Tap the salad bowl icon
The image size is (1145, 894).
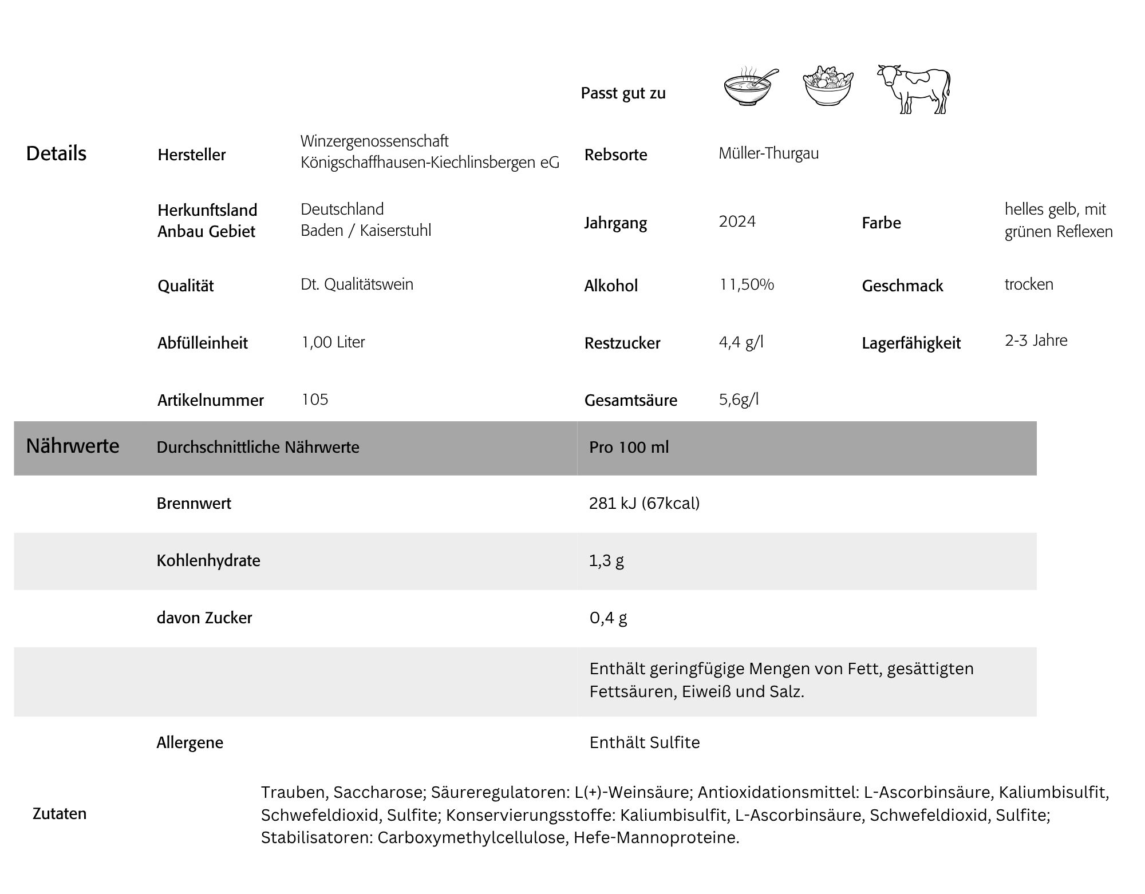click(x=827, y=86)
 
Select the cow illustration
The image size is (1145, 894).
click(x=914, y=89)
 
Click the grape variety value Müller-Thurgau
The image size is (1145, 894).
click(x=768, y=153)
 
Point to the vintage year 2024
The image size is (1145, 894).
click(x=737, y=221)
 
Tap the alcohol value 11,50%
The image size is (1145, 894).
click(x=747, y=284)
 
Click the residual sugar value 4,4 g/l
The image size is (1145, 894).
click(x=741, y=342)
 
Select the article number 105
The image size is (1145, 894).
click(x=315, y=399)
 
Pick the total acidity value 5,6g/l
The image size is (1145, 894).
click(x=739, y=399)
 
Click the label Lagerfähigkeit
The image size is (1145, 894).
click(x=911, y=343)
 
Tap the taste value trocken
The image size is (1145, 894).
click(x=1029, y=284)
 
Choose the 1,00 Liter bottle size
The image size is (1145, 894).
click(x=333, y=342)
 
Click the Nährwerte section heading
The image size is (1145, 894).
click(x=73, y=446)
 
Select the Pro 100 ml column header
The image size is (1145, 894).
click(x=629, y=447)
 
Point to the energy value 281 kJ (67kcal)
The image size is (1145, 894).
click(x=644, y=504)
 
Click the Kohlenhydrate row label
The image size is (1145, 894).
click(x=208, y=560)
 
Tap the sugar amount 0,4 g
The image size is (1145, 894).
click(x=608, y=618)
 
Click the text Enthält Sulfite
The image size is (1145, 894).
click(x=644, y=742)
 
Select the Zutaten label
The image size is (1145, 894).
click(x=60, y=813)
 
